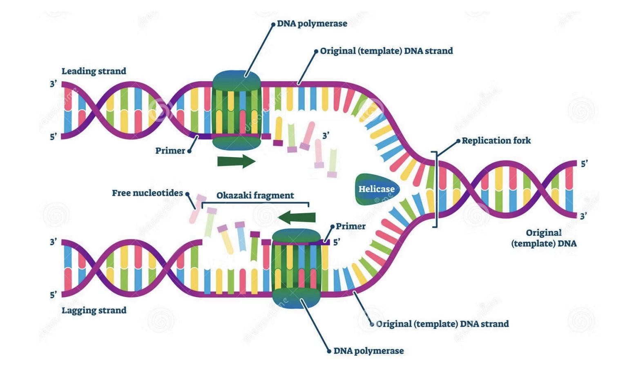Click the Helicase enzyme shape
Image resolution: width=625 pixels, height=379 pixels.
pyautogui.click(x=376, y=189)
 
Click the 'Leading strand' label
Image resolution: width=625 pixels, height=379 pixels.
pyautogui.click(x=94, y=71)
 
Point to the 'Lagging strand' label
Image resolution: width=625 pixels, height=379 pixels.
pyautogui.click(x=94, y=310)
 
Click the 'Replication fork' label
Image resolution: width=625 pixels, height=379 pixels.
pyautogui.click(x=496, y=140)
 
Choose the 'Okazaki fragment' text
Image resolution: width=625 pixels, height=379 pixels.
pyautogui.click(x=255, y=195)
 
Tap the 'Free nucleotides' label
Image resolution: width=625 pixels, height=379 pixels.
pyautogui.click(x=147, y=193)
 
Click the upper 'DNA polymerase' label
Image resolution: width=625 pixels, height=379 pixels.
pyautogui.click(x=312, y=24)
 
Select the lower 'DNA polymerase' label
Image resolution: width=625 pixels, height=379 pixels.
pyautogui.click(x=368, y=351)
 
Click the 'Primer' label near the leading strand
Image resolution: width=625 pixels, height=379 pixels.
pyautogui.click(x=170, y=151)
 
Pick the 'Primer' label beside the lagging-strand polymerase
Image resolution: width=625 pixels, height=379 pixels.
pyautogui.click(x=350, y=226)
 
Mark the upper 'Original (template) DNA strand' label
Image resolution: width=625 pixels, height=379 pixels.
pyautogui.click(x=386, y=51)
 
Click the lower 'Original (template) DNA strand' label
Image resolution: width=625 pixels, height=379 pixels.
pyautogui.click(x=442, y=324)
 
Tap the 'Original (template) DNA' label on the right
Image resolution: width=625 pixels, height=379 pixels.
pyautogui.click(x=544, y=238)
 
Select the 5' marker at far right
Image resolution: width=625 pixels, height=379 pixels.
pyautogui.click(x=584, y=164)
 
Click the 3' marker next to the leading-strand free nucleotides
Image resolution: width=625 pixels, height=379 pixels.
pyautogui.click(x=326, y=136)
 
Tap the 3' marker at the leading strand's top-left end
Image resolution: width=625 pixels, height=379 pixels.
pyautogui.click(x=54, y=84)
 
